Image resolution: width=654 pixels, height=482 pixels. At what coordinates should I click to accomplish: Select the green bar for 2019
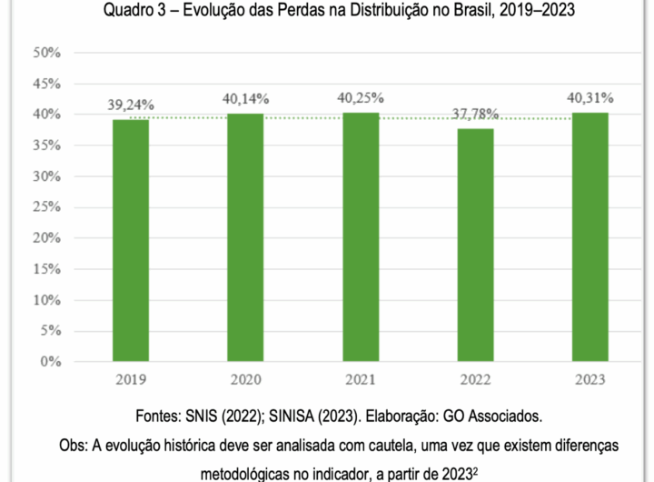coord(131,240)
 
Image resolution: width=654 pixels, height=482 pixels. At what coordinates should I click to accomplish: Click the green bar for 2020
coord(245,237)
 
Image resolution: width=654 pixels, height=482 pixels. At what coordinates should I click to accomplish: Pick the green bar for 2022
coord(475,245)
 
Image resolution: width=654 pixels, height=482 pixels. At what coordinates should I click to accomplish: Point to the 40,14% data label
coord(245,98)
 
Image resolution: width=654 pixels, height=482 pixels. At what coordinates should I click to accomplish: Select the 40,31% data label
coord(590,98)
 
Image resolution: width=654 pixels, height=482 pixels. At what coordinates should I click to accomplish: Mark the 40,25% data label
coord(361,97)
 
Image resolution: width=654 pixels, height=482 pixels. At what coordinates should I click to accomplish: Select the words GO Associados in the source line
coord(494,417)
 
